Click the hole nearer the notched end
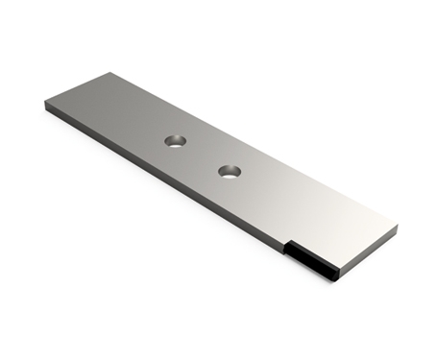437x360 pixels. pyautogui.click(x=230, y=172)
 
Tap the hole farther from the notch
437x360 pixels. pyautogui.click(x=175, y=141)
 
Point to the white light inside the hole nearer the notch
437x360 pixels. pyautogui.click(x=231, y=174)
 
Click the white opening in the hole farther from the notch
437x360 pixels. pyautogui.click(x=176, y=143)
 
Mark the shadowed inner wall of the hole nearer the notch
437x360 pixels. pyautogui.click(x=229, y=168)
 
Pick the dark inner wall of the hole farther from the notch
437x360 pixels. pyautogui.click(x=174, y=138)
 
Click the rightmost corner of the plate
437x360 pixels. pyautogui.click(x=397, y=228)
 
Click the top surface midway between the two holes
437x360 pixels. pyautogui.click(x=203, y=156)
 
